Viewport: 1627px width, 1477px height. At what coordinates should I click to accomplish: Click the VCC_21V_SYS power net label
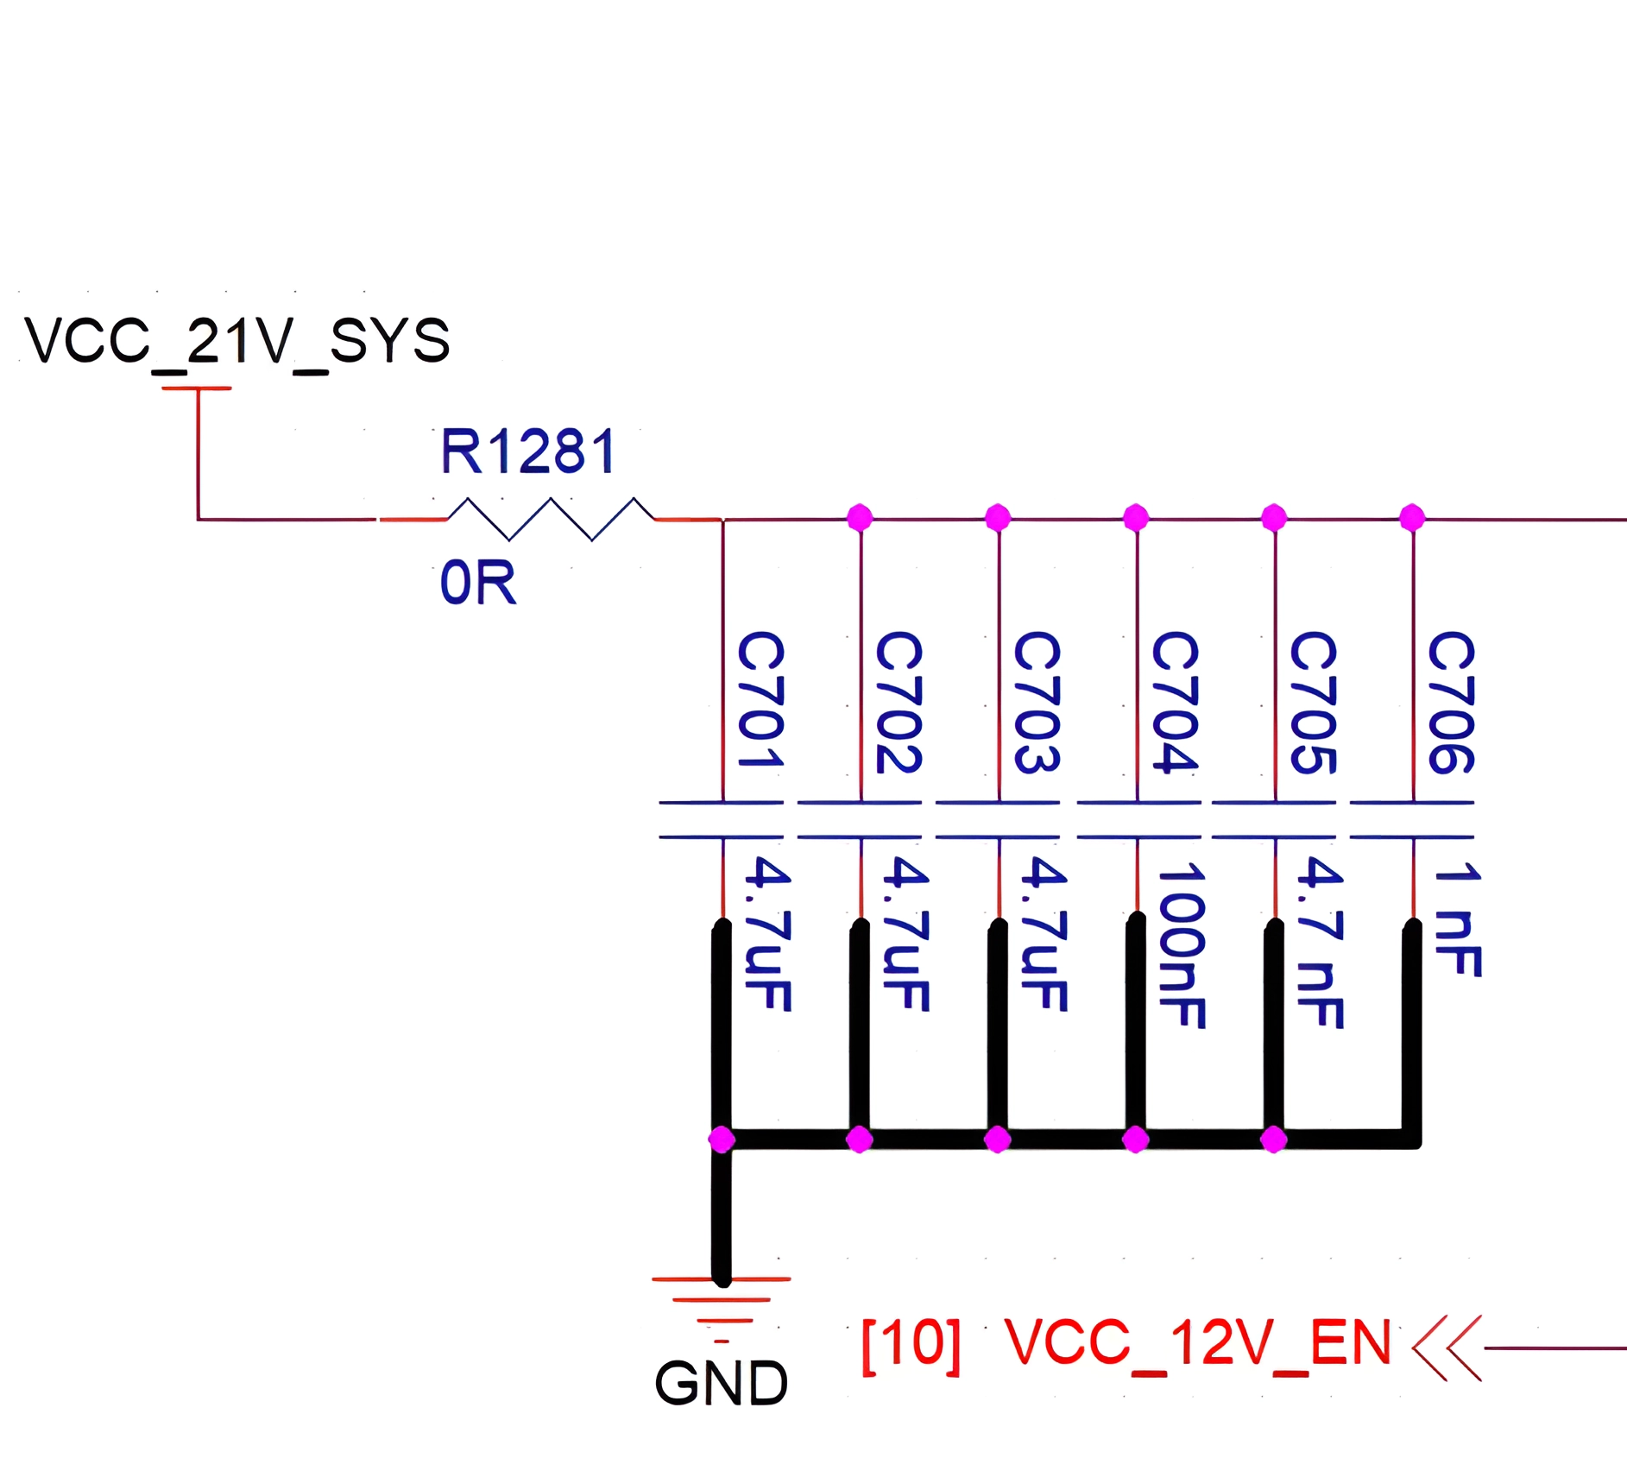(237, 341)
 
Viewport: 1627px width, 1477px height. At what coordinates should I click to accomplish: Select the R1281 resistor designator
(527, 451)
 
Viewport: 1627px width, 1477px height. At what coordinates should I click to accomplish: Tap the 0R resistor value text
(477, 583)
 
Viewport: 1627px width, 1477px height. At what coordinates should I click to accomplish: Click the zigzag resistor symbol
(551, 519)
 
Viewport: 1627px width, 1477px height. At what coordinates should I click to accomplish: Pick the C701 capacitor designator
(761, 700)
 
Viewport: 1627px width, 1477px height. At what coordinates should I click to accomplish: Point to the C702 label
(899, 702)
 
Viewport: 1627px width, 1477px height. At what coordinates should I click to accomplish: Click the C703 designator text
(1037, 702)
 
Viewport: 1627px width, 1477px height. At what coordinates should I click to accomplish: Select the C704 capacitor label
(1176, 702)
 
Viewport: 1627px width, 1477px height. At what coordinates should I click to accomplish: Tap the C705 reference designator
(1314, 702)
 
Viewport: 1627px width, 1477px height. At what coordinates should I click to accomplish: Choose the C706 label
(1452, 702)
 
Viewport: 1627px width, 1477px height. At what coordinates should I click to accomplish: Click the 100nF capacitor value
(1181, 944)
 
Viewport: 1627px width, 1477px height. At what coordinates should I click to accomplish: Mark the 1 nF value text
(1457, 920)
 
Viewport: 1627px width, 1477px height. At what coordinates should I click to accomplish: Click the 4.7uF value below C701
(767, 933)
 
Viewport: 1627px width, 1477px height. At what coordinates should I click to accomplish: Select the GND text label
(722, 1384)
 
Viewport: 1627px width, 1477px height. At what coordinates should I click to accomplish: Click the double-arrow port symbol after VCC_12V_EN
(1447, 1347)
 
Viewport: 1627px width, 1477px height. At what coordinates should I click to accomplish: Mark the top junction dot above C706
(1412, 518)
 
